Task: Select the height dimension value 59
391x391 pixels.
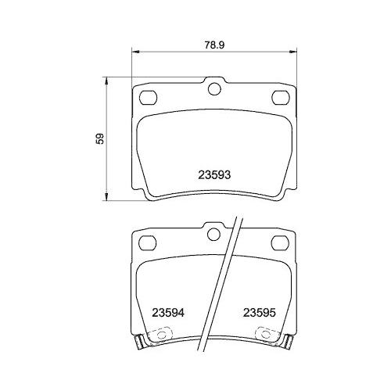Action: click(x=99, y=139)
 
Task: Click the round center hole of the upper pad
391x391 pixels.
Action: click(x=214, y=88)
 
